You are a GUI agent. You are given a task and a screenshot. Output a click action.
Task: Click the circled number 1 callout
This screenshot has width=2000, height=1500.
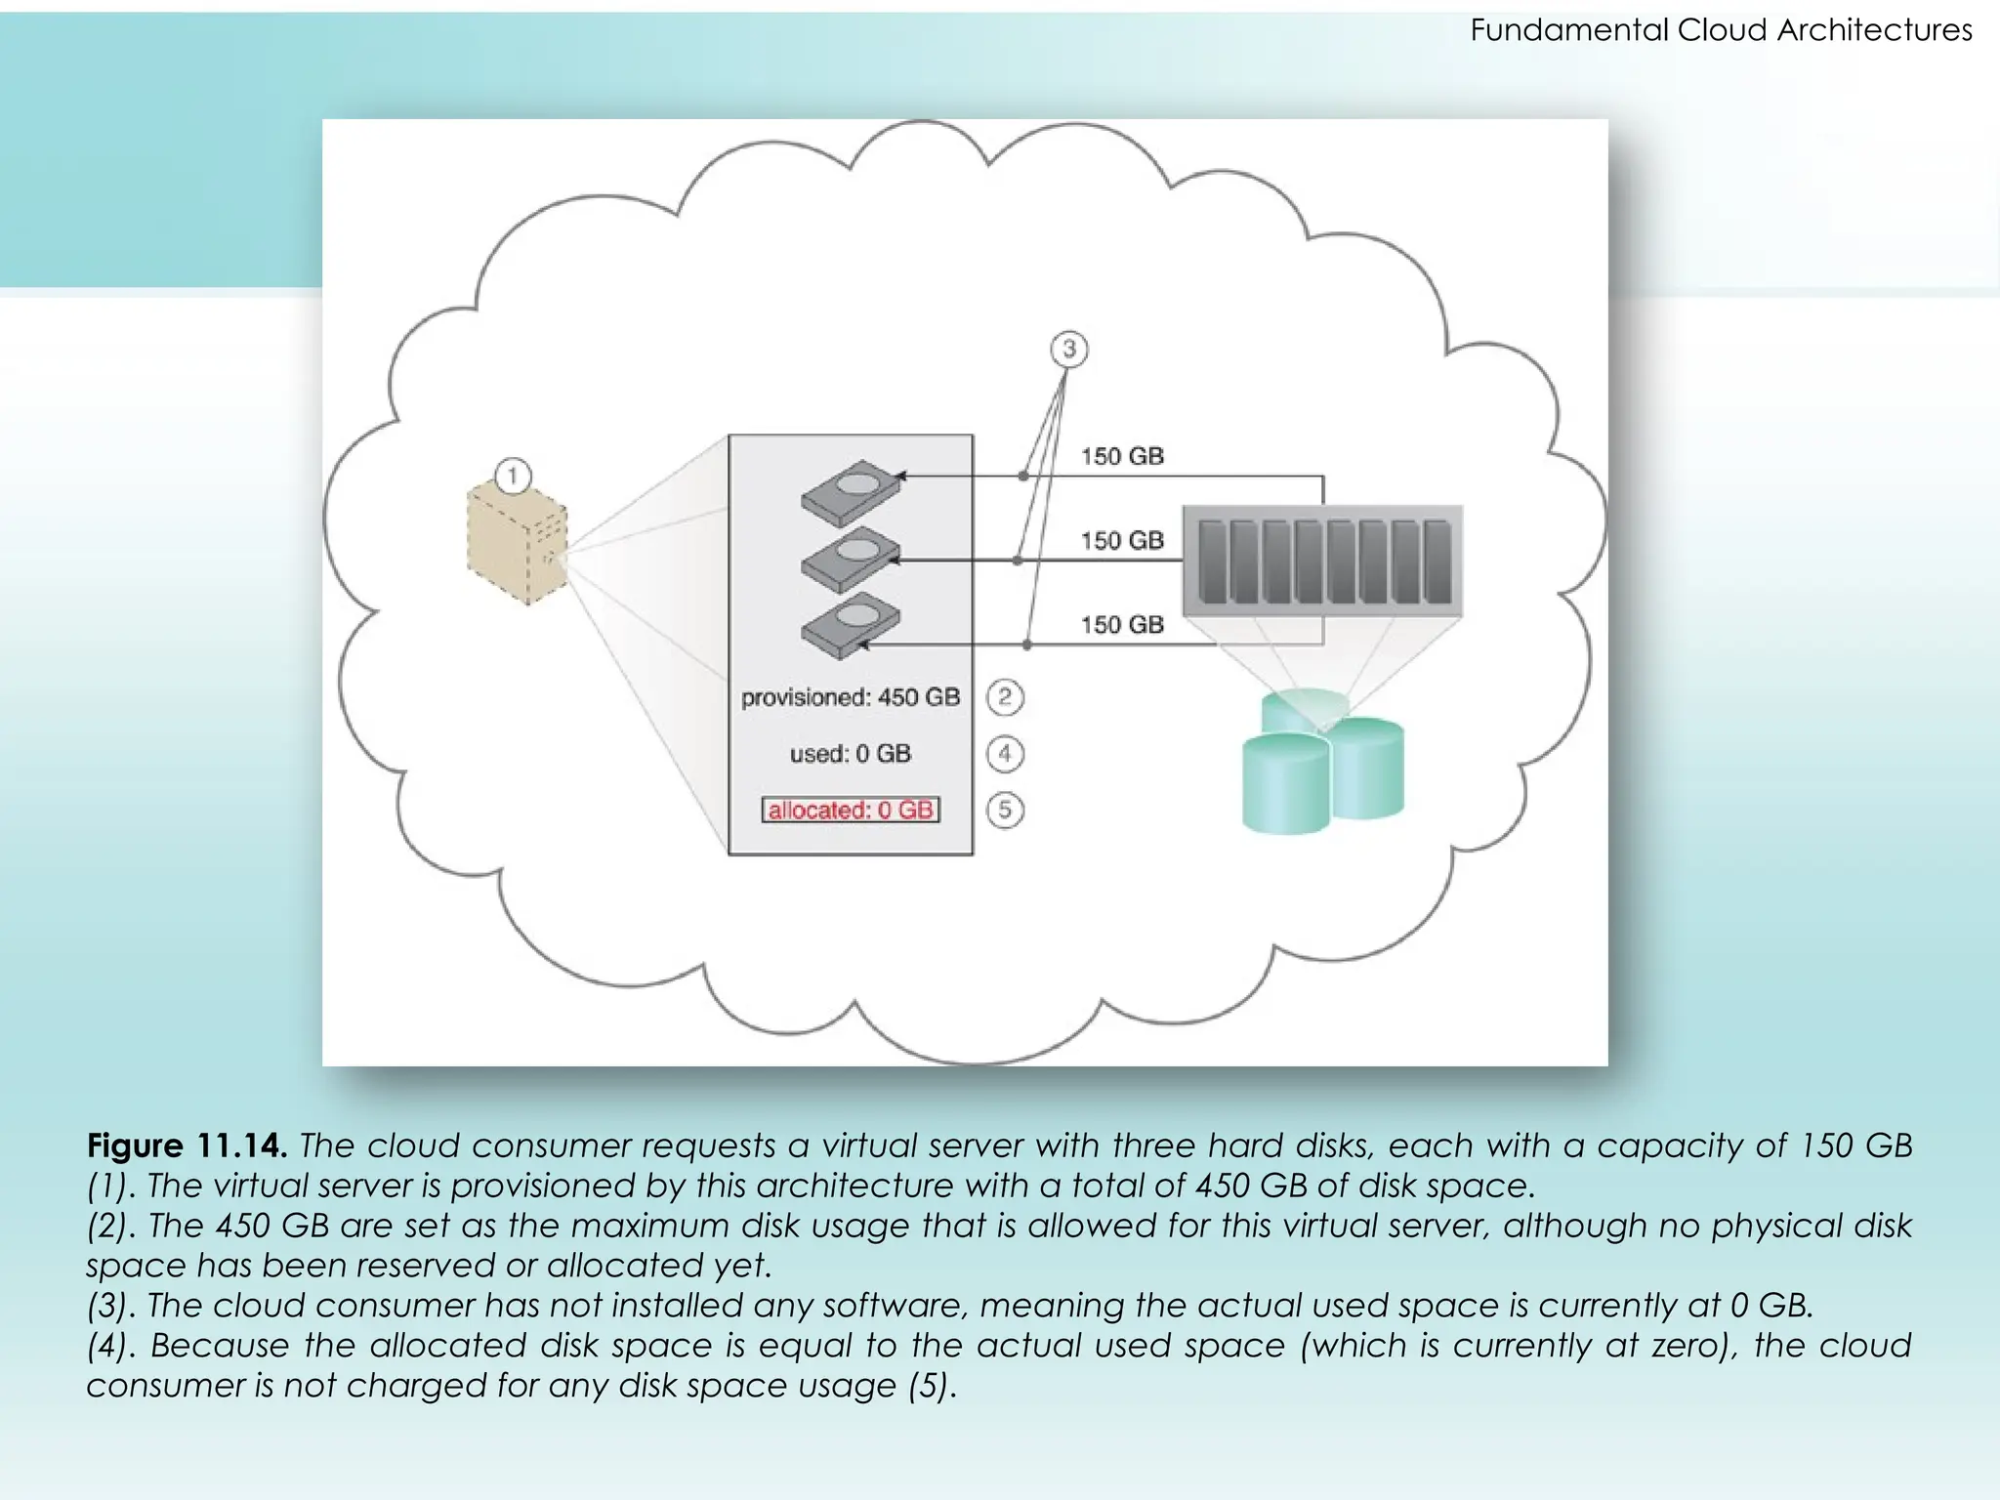pyautogui.click(x=513, y=477)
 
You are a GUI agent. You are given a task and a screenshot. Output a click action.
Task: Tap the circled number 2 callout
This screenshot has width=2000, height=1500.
pyautogui.click(x=1005, y=697)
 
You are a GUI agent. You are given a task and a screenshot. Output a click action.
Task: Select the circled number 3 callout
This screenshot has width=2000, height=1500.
pyautogui.click(x=1068, y=349)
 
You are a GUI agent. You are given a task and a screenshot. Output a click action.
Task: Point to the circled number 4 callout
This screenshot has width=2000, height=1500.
pyautogui.click(x=1005, y=754)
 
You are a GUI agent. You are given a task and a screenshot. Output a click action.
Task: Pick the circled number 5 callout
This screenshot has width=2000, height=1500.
pyautogui.click(x=1005, y=810)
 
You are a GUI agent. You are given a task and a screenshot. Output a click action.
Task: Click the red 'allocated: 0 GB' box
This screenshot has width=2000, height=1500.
pyautogui.click(x=851, y=810)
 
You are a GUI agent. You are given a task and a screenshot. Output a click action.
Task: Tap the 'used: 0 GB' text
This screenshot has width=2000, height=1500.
pyautogui.click(x=851, y=754)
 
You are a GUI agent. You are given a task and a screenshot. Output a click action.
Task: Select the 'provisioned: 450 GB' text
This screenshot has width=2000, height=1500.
pyautogui.click(x=851, y=697)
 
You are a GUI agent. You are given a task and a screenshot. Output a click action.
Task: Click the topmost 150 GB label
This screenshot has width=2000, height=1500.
pyautogui.click(x=1122, y=456)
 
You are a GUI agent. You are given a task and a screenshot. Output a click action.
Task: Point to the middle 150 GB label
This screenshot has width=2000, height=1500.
pyautogui.click(x=1122, y=540)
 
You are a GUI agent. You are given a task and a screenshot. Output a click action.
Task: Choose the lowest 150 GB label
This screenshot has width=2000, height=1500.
pyautogui.click(x=1122, y=624)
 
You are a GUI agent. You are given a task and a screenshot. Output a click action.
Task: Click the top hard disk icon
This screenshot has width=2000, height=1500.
pyautogui.click(x=851, y=492)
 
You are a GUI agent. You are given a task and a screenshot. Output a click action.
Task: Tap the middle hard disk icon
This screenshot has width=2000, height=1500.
pyautogui.click(x=851, y=559)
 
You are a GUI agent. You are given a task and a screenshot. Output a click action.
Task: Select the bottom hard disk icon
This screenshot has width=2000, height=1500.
pyautogui.click(x=851, y=624)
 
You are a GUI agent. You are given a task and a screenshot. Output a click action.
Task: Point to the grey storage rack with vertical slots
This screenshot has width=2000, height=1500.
pyautogui.click(x=1323, y=561)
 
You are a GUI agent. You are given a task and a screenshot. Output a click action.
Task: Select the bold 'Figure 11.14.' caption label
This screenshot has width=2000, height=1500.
pyautogui.click(x=187, y=1146)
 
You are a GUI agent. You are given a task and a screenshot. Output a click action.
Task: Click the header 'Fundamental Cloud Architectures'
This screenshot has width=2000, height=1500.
pyautogui.click(x=1721, y=30)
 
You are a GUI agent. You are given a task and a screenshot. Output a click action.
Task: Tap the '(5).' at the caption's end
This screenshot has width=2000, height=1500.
pyautogui.click(x=932, y=1386)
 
